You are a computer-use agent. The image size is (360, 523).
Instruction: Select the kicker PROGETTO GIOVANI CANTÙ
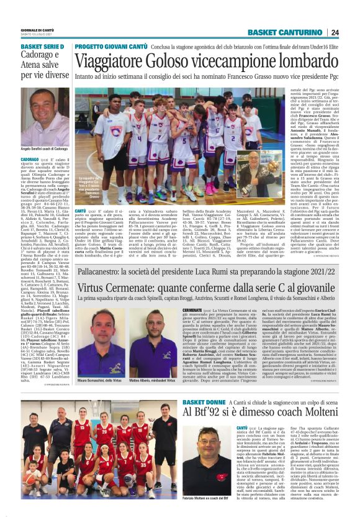[110, 47]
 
